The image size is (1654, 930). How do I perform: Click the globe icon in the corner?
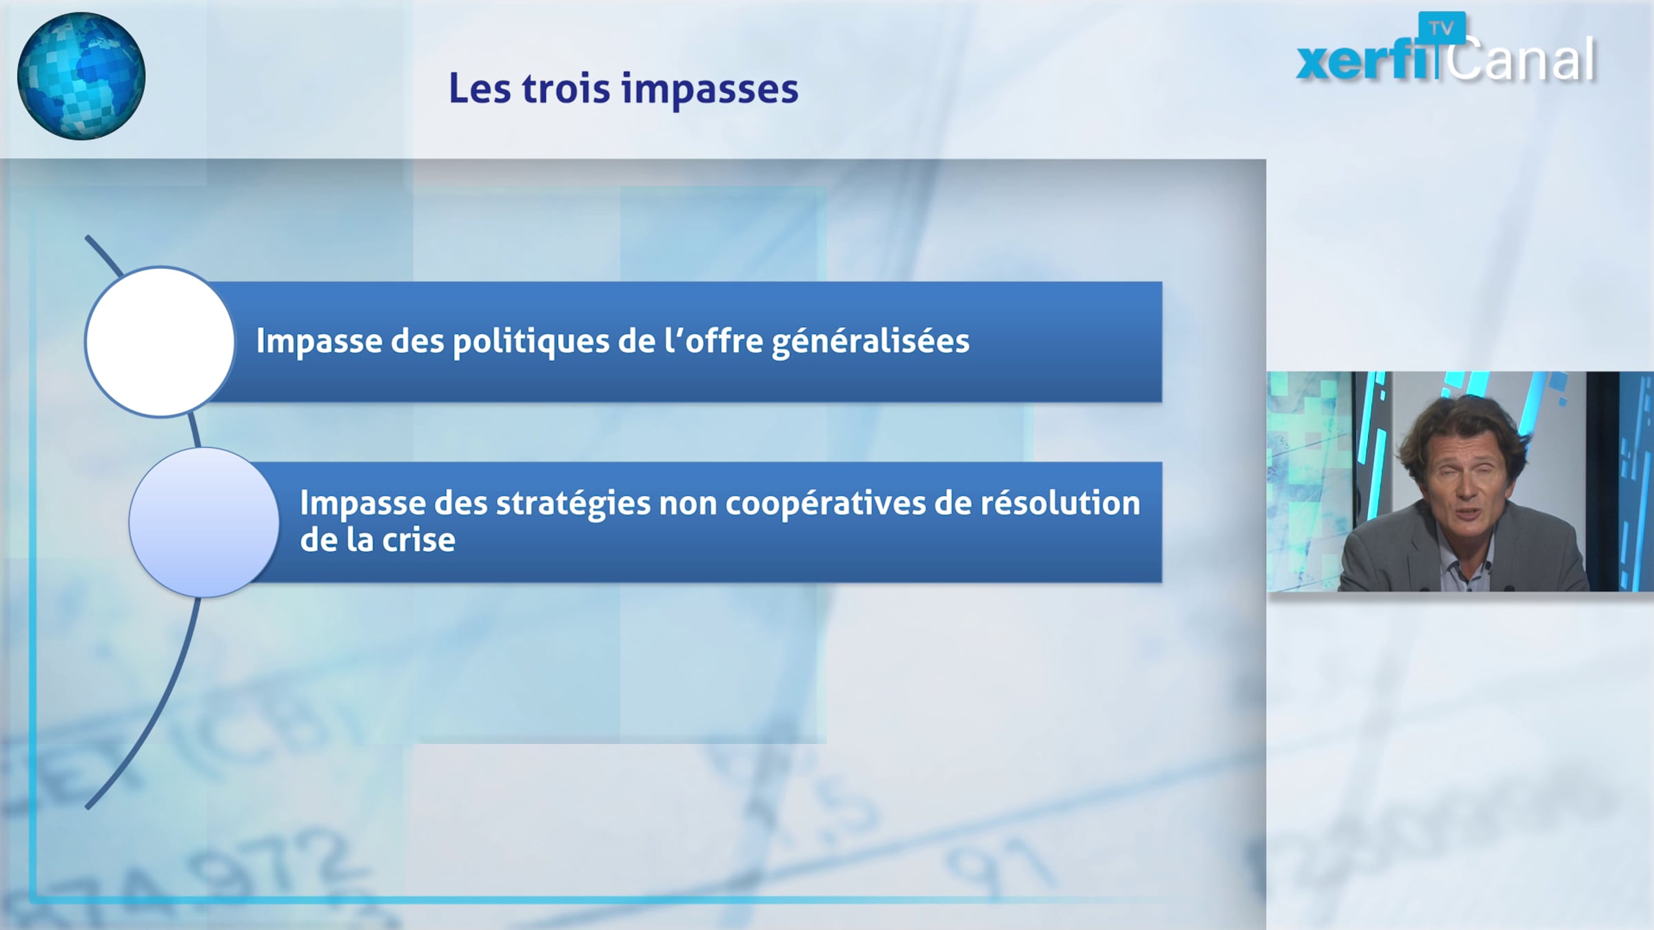click(x=81, y=76)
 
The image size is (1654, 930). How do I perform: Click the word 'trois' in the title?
click(x=566, y=88)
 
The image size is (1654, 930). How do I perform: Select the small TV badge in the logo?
click(x=1441, y=28)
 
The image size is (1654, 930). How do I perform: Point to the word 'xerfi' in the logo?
click(x=1367, y=61)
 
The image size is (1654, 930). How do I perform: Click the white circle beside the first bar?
click(x=160, y=342)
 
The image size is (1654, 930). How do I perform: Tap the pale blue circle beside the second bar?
click(x=204, y=522)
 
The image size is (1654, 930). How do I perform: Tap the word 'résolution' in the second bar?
click(x=1061, y=504)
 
